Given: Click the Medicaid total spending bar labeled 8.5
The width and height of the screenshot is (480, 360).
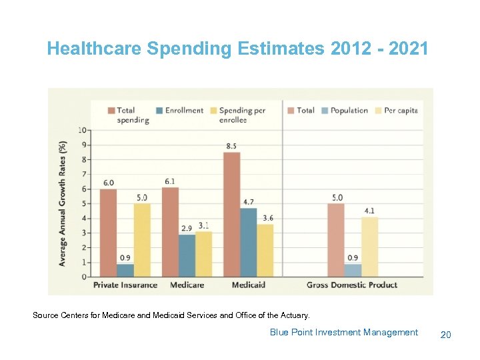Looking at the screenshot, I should [232, 214].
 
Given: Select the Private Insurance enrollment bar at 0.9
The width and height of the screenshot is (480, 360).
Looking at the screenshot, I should [125, 270].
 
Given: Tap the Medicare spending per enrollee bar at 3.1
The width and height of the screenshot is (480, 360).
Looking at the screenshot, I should [204, 254].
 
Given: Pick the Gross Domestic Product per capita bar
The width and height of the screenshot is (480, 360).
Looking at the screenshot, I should [370, 246].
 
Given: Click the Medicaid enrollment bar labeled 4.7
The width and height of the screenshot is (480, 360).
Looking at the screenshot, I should [249, 242].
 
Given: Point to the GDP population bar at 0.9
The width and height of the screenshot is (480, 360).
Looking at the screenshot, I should [353, 270].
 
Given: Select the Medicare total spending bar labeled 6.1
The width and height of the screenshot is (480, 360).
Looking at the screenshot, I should [171, 231].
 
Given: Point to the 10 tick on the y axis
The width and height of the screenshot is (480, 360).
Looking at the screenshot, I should [83, 130].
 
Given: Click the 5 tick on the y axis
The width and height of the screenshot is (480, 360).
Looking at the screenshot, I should [84, 203].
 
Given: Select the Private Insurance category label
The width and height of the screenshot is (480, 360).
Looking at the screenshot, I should [125, 285].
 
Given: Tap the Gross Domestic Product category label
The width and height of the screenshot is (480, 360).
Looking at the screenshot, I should [352, 285].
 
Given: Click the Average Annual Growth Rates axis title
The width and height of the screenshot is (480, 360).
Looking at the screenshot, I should [63, 203].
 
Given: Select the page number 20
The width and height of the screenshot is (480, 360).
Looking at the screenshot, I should [445, 334].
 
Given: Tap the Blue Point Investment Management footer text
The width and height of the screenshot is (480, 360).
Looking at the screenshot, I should [343, 332].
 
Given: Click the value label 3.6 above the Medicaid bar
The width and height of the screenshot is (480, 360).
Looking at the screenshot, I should [267, 218].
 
